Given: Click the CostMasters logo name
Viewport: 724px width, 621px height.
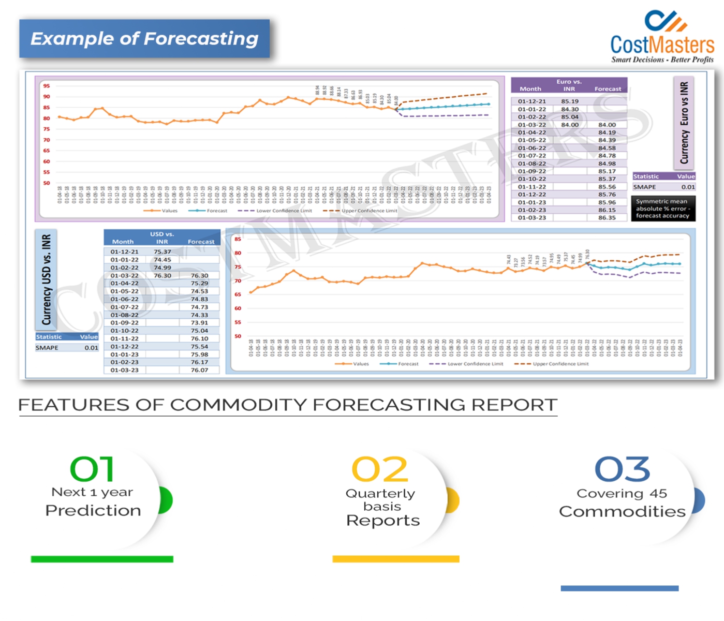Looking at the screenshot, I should point(662,44).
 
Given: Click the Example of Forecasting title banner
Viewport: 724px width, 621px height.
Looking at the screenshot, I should point(144,38).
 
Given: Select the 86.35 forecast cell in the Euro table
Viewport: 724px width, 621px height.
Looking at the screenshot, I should point(607,217).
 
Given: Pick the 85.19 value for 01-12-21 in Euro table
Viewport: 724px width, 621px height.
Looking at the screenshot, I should point(570,101).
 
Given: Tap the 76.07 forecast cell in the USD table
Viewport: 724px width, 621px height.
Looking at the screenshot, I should point(199,370).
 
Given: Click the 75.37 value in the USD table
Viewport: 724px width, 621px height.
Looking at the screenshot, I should point(162,251).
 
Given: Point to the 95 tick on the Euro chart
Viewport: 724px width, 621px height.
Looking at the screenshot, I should point(46,85).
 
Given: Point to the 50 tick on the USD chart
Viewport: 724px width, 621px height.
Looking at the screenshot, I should point(238,336).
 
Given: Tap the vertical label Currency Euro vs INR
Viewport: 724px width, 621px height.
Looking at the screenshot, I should point(684,123).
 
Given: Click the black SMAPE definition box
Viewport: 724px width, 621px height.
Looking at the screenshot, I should point(663,208).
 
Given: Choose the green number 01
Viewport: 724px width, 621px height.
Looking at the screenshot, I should point(92,469).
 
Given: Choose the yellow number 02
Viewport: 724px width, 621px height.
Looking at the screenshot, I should point(380,469).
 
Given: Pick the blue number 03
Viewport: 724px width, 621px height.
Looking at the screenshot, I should point(622,469).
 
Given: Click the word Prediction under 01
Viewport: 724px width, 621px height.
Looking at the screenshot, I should point(93,510).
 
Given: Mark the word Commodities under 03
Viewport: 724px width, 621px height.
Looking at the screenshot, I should point(622,511).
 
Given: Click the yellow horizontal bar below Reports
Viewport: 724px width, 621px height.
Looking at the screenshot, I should point(396,559).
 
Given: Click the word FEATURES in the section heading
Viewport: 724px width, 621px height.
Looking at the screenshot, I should point(73,404).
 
